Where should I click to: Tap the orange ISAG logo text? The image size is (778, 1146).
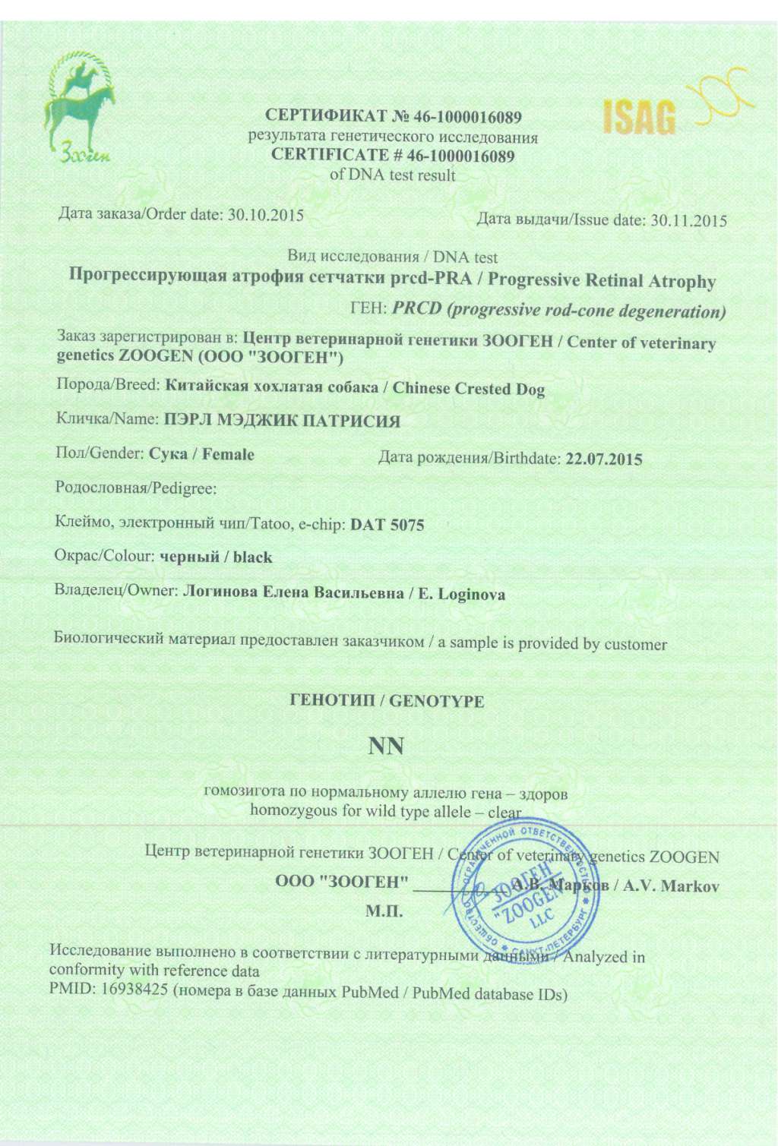[639, 117]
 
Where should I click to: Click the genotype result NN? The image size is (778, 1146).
[387, 747]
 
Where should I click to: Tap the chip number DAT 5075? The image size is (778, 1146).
[387, 525]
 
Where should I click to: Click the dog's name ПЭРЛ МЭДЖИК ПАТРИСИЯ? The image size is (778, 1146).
[282, 420]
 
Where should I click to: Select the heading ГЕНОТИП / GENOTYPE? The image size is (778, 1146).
[387, 701]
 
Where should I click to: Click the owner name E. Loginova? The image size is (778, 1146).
[462, 595]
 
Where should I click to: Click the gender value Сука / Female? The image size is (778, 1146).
[201, 454]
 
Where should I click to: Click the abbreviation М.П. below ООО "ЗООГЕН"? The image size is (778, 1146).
[384, 911]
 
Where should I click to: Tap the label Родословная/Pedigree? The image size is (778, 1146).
[136, 488]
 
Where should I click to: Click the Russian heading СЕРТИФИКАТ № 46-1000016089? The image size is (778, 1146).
[393, 117]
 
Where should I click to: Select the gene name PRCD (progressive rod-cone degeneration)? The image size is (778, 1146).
[558, 311]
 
